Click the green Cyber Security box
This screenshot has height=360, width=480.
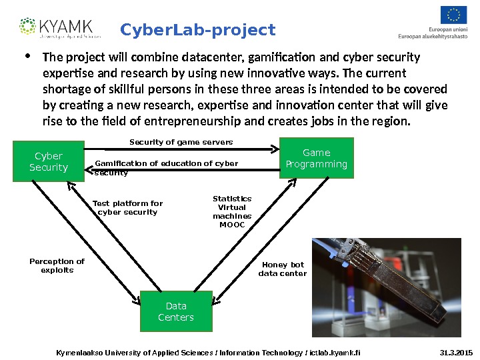[x=49, y=162]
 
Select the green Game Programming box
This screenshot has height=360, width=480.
[x=316, y=159]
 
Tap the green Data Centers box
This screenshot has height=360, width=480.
[x=176, y=311]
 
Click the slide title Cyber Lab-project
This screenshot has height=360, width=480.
[x=198, y=30]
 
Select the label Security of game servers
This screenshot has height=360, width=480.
[x=181, y=142]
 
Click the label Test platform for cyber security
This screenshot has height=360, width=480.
[x=127, y=207]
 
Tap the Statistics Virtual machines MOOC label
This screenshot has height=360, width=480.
[x=232, y=211]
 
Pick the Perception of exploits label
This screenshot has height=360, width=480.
[x=57, y=265]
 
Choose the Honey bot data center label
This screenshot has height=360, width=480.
[x=283, y=269]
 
